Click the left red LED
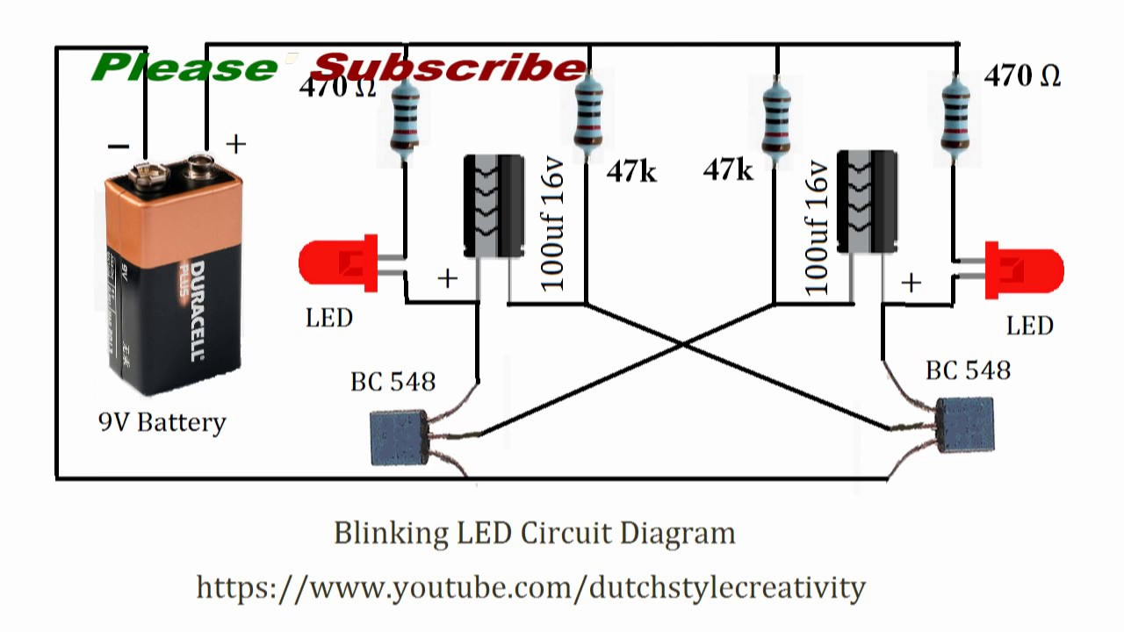338,263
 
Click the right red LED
1026,270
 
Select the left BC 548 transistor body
399,436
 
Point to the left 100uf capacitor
494,206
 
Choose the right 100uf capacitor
867,201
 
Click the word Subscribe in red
448,68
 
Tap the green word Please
184,68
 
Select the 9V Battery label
162,422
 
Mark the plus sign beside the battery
236,144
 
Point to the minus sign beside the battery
119,146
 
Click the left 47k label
630,172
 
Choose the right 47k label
728,169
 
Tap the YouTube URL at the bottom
530,586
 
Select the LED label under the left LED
329,318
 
